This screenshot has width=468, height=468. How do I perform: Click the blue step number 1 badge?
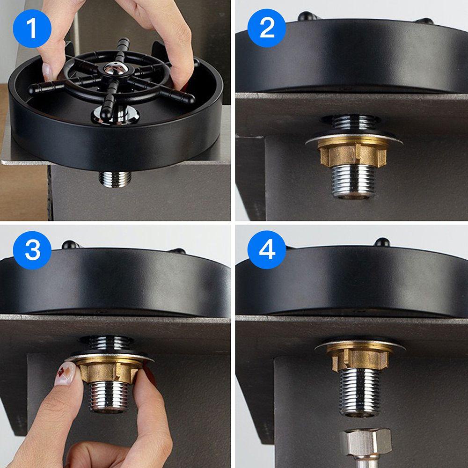coord(32,28)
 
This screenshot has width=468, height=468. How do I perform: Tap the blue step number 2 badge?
coord(267,28)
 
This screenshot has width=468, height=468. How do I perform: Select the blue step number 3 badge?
coord(32,250)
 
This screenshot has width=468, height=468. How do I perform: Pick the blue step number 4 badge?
coord(267,250)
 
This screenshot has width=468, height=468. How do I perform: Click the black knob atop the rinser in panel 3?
coord(69,244)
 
